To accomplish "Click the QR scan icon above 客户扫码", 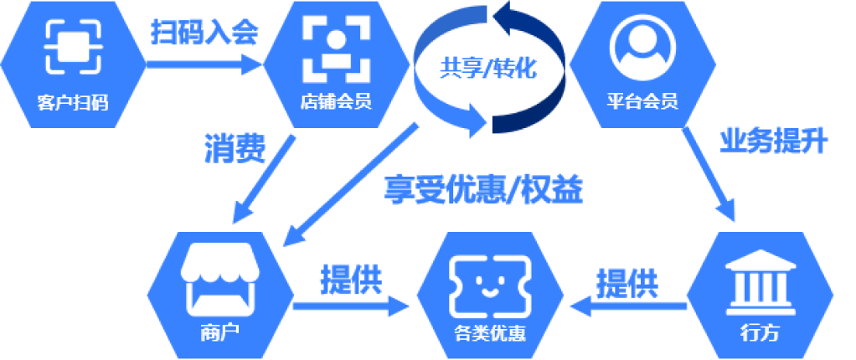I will [x=73, y=49].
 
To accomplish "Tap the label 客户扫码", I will [x=73, y=103].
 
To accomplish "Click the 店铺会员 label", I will [x=335, y=103].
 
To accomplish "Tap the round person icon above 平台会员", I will [x=642, y=46].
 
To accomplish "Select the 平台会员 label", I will [x=642, y=103].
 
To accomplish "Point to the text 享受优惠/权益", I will [x=483, y=190].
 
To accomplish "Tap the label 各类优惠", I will [x=489, y=332].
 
